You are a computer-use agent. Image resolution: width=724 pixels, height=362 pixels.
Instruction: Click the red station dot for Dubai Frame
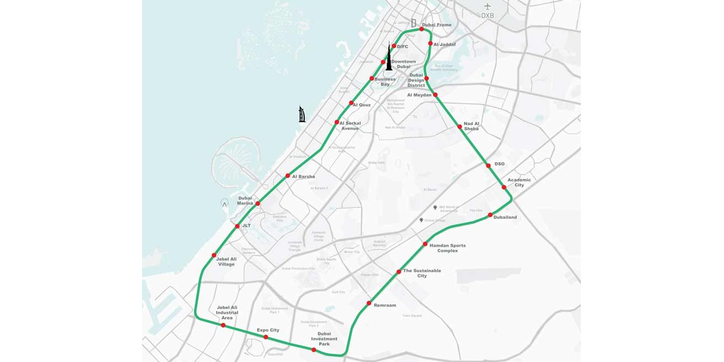(x=421, y=29)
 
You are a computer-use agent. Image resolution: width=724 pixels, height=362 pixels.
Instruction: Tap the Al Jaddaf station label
(x=444, y=44)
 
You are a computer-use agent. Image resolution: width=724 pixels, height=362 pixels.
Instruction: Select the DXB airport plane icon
(x=488, y=7)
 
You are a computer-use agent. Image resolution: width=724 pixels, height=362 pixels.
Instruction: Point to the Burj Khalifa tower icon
(x=389, y=57)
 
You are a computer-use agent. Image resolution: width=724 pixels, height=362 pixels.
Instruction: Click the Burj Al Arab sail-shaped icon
(x=302, y=114)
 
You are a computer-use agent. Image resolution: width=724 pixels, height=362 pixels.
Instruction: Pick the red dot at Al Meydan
(x=435, y=95)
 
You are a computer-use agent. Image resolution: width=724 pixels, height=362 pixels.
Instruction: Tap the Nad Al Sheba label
(x=472, y=126)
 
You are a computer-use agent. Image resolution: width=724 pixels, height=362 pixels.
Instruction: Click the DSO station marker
(x=488, y=165)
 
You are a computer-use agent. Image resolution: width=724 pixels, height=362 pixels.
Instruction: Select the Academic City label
(x=519, y=182)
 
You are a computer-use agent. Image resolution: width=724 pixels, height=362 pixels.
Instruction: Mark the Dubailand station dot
(x=490, y=216)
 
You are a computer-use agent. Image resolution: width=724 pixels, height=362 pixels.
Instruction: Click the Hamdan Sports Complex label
(x=448, y=248)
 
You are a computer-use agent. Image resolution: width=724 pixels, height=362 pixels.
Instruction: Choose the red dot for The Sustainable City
(x=399, y=272)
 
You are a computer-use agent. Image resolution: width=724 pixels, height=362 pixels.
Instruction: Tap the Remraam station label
(x=384, y=305)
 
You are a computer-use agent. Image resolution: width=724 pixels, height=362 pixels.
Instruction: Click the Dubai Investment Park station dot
(x=314, y=350)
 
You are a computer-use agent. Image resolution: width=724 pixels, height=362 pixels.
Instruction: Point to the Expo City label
(x=268, y=330)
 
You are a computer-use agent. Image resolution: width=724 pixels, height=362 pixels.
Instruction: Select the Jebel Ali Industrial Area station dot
(x=223, y=325)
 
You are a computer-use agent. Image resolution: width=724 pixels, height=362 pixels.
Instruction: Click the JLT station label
(x=246, y=225)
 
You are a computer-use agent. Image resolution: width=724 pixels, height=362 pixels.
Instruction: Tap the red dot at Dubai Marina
(x=258, y=203)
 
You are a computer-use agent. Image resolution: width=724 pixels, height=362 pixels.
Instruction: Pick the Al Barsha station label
(x=303, y=177)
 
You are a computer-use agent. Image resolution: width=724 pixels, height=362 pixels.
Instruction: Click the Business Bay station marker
(x=372, y=78)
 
